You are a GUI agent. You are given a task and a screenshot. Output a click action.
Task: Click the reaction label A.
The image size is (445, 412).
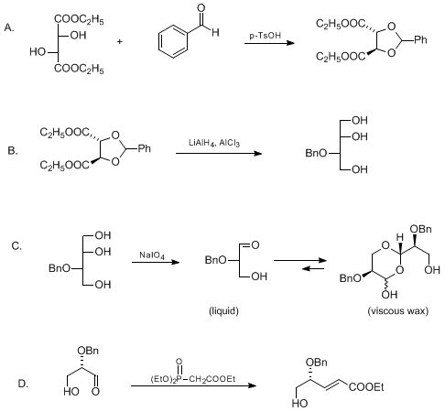pos(9,27)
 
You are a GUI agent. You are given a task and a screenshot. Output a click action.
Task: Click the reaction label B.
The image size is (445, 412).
pos(13,150)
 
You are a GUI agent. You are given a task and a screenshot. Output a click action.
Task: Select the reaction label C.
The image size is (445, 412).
pos(16,245)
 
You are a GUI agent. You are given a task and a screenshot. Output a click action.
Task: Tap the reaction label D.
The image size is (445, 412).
pos(23,384)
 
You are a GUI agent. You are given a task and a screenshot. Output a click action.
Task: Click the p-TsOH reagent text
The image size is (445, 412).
pos(265,36)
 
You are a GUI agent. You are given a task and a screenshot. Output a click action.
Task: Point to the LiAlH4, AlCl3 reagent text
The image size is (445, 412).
pos(214,143)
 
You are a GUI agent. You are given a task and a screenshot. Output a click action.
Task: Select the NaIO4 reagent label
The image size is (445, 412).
pos(152,255)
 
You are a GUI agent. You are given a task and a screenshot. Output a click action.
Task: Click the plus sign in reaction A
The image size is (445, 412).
pos(120,41)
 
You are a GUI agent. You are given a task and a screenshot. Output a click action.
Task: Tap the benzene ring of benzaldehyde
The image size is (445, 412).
pos(173,42)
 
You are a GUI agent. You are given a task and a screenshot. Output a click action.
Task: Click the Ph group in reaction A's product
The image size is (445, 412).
pos(420,39)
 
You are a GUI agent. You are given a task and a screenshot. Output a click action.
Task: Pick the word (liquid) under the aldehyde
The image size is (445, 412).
pos(223,310)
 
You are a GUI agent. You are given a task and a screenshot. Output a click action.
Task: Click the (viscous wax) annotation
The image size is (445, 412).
pos(398,310)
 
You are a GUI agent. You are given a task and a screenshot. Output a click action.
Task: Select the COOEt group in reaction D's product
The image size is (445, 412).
pos(366,387)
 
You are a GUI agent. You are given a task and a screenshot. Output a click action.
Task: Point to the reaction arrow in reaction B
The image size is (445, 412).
pos(219,153)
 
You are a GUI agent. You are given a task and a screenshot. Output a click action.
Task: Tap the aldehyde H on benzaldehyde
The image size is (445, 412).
pos(215,32)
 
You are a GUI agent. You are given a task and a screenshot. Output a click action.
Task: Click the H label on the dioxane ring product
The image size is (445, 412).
pos(400,237)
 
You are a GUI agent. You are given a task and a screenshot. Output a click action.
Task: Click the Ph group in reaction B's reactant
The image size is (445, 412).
pos(145,148)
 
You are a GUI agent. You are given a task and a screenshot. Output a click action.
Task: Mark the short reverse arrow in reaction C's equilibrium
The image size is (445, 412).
pos(313,268)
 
